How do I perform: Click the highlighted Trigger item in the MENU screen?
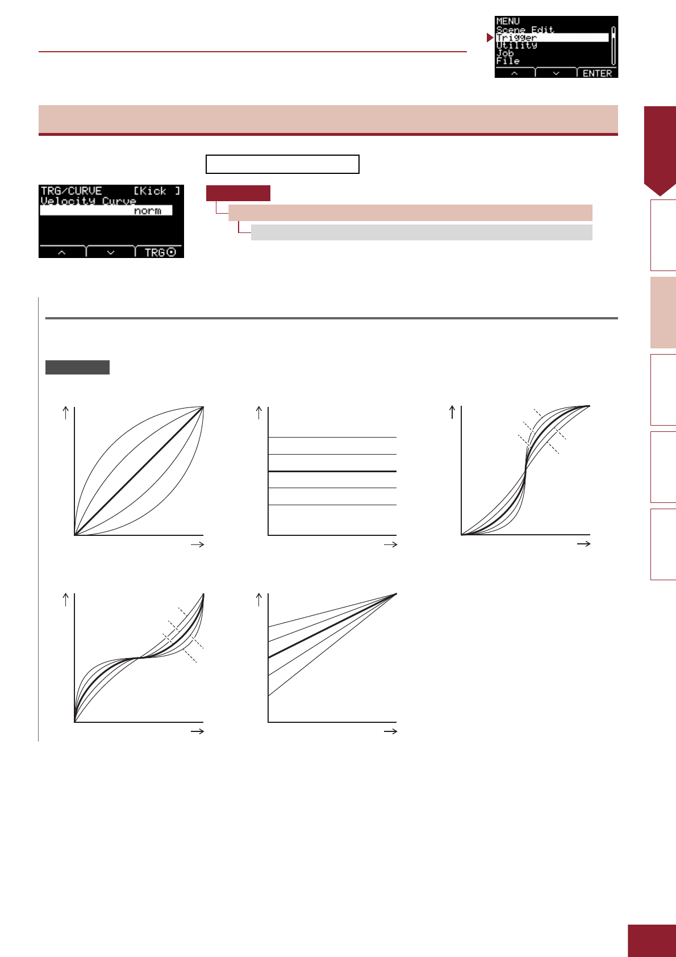click(x=516, y=38)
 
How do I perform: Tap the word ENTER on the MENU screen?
click(x=597, y=73)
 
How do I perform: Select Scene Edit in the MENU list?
click(x=525, y=30)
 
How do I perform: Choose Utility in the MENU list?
click(x=516, y=45)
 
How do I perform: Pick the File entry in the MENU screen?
click(x=508, y=61)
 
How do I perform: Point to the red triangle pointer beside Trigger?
click(x=490, y=38)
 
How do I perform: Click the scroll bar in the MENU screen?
click(x=614, y=45)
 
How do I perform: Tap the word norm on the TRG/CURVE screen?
click(x=148, y=211)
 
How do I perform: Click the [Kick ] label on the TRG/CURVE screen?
click(x=157, y=191)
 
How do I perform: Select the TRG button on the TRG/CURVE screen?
click(x=160, y=252)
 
